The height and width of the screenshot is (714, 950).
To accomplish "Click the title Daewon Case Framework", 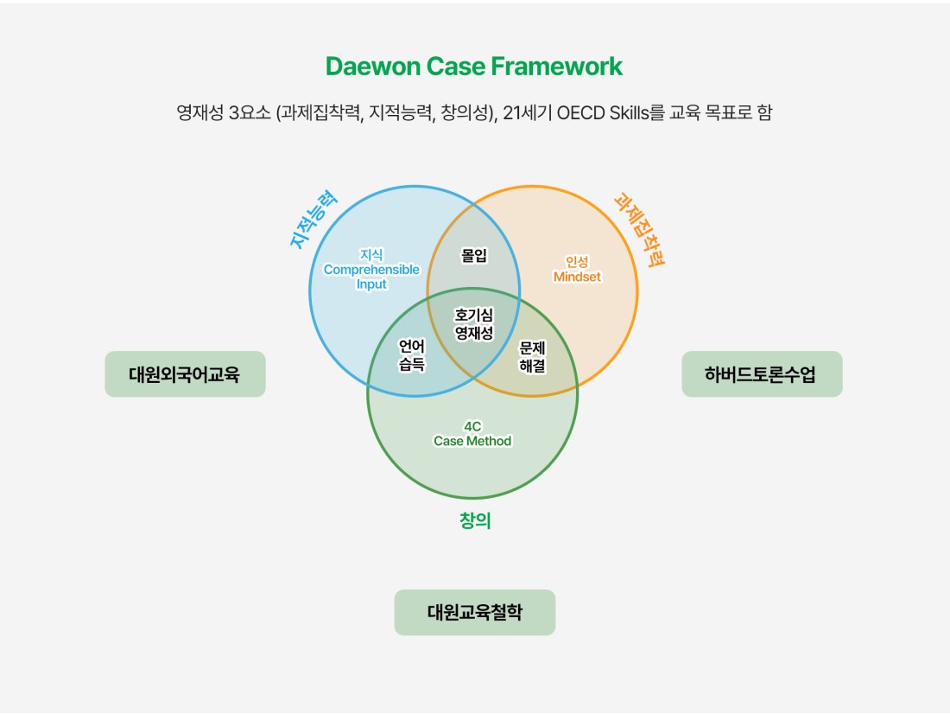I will (x=474, y=67).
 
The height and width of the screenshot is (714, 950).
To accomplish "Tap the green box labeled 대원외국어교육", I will (x=185, y=374).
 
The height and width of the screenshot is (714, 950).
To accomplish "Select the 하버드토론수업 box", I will (x=762, y=374).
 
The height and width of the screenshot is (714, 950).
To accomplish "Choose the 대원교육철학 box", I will (x=474, y=612).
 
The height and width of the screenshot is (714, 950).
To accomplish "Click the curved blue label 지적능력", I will (x=313, y=220).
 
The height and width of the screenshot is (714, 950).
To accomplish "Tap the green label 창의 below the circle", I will (x=474, y=520).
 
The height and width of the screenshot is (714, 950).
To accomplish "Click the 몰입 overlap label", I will (x=474, y=255).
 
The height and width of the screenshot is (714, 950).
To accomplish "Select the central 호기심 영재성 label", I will (x=474, y=323).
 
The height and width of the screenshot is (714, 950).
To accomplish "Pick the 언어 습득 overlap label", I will (x=412, y=355).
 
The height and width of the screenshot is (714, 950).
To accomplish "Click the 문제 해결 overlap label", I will (x=532, y=356).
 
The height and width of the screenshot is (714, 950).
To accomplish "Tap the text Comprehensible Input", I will (x=371, y=277).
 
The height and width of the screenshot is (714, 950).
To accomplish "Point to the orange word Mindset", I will (x=577, y=277).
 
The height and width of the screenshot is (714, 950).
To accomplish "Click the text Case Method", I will (x=472, y=441).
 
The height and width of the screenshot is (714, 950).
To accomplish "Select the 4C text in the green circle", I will (x=472, y=426).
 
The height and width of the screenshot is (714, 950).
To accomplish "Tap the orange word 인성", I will (x=577, y=261).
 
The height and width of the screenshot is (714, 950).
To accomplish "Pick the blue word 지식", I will (x=371, y=254).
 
